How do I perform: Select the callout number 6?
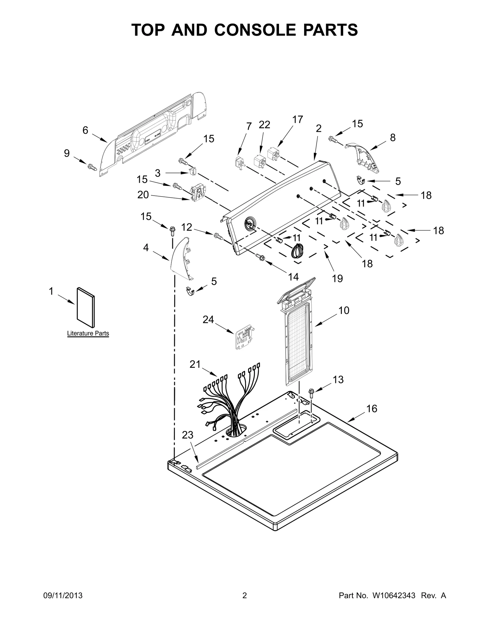tap(85, 131)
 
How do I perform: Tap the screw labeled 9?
tap(92, 167)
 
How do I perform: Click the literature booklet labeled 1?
tap(86, 307)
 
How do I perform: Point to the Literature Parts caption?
tap(88, 333)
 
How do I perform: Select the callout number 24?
tap(208, 319)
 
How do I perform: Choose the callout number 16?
tap(372, 408)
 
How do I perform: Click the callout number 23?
tap(188, 435)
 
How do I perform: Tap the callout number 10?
tap(344, 311)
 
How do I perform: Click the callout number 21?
tap(195, 364)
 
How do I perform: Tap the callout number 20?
tap(143, 195)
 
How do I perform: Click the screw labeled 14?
tap(260, 257)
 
